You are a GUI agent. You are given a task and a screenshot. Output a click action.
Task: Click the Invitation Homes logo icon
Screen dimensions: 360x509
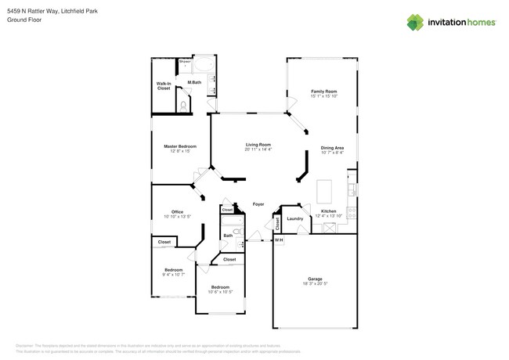coord(415,22)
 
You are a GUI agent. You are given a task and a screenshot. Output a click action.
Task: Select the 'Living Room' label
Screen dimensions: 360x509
coord(258,145)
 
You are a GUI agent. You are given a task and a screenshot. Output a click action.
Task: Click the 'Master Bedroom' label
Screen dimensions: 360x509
coord(179,146)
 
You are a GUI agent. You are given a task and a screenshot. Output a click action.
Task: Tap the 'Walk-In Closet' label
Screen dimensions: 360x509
coord(164,86)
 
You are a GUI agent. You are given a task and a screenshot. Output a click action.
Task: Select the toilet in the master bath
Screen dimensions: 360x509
coord(183,104)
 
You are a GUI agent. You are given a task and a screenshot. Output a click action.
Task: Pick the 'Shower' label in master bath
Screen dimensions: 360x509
coord(185,61)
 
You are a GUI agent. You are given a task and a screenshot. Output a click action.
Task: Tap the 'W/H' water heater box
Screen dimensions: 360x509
coord(278,239)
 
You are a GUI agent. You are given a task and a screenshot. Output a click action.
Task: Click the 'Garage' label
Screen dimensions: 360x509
coord(315,279)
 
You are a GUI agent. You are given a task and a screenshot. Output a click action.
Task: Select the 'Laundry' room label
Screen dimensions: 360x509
coord(294,219)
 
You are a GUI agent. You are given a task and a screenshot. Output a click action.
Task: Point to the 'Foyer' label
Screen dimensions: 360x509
coord(258,204)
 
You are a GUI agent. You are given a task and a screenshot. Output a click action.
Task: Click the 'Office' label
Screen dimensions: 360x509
coord(177,212)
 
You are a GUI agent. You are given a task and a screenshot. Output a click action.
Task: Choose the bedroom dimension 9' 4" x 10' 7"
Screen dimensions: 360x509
coord(173,275)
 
